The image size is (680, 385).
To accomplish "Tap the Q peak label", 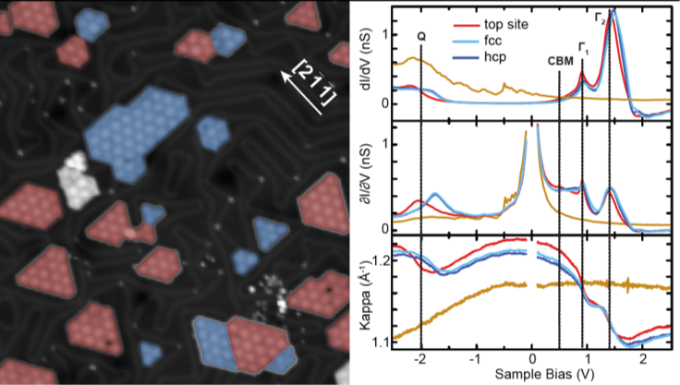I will pyautogui.click(x=421, y=35).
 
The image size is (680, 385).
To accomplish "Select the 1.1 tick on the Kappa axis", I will pyautogui.click(x=381, y=343).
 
